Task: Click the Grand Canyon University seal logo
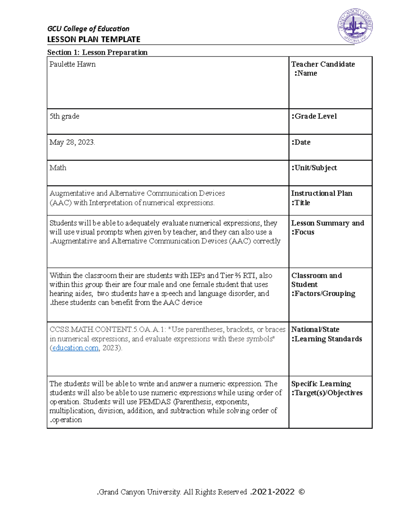(x=355, y=26)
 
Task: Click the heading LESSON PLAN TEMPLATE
(x=93, y=40)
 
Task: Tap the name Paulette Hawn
(x=72, y=64)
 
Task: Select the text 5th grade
(x=64, y=116)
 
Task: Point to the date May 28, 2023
(x=72, y=142)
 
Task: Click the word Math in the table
(x=58, y=168)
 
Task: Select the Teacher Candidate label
(x=323, y=64)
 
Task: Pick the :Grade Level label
(x=314, y=116)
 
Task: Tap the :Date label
(x=301, y=142)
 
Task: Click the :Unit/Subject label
(x=314, y=168)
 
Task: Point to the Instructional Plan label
(x=321, y=193)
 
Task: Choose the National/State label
(x=315, y=329)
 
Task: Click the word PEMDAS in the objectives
(x=155, y=402)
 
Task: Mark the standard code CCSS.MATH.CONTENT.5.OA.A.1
(x=108, y=329)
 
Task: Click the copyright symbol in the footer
(x=301, y=492)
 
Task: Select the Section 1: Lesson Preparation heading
(x=97, y=52)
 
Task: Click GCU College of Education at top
(x=88, y=29)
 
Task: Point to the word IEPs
(x=197, y=276)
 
